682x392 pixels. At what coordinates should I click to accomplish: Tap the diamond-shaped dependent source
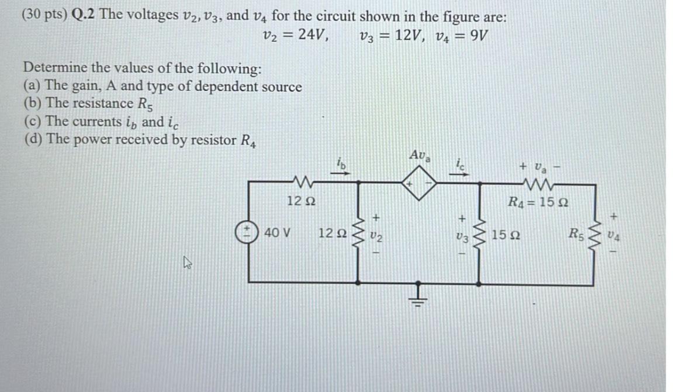[x=418, y=183]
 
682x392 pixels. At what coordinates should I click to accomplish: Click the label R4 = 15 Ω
[x=539, y=204]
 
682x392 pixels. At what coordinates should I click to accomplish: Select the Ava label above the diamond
[x=420, y=156]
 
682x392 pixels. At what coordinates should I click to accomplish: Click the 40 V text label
[x=277, y=233]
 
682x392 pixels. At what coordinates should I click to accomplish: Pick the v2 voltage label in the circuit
[x=377, y=236]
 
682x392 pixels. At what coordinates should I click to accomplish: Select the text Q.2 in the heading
[x=84, y=16]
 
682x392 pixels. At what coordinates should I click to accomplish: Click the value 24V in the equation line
[x=313, y=35]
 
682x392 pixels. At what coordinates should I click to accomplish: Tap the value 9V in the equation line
[x=477, y=35]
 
